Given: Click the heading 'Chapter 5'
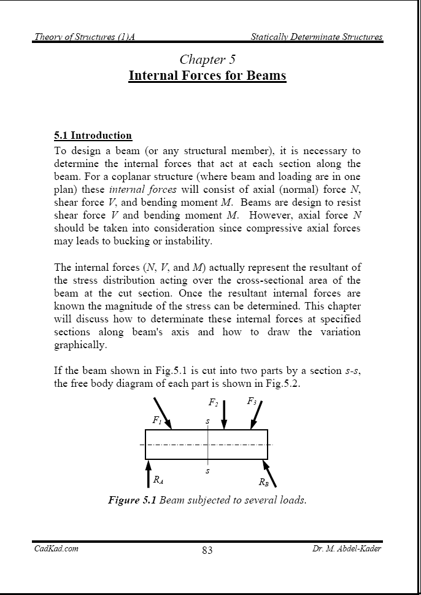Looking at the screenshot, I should pyautogui.click(x=207, y=60).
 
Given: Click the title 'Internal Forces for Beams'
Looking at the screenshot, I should pyautogui.click(x=207, y=76).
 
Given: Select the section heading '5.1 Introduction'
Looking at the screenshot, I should pyautogui.click(x=93, y=135).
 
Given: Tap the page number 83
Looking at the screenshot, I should pyautogui.click(x=207, y=550).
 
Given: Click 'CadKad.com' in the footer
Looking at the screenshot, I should pyautogui.click(x=56, y=548).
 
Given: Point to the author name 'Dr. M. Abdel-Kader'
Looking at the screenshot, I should pyautogui.click(x=347, y=548).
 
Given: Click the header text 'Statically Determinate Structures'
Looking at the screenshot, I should pyautogui.click(x=316, y=37).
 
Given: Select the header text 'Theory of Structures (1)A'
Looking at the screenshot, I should pyautogui.click(x=84, y=37).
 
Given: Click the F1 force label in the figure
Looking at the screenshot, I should pyautogui.click(x=158, y=421).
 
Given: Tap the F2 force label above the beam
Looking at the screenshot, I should pyautogui.click(x=213, y=403).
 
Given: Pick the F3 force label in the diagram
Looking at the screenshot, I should pyautogui.click(x=252, y=402).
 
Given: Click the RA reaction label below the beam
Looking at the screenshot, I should pyautogui.click(x=158, y=481).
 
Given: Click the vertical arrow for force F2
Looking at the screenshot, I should pyautogui.click(x=224, y=415).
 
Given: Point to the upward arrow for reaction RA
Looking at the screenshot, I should pyautogui.click(x=148, y=474).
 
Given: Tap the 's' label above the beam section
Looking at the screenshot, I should pyautogui.click(x=207, y=422).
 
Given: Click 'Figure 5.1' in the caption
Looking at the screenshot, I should pyautogui.click(x=132, y=500).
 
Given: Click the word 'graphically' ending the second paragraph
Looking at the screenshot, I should pyautogui.click(x=80, y=344).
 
